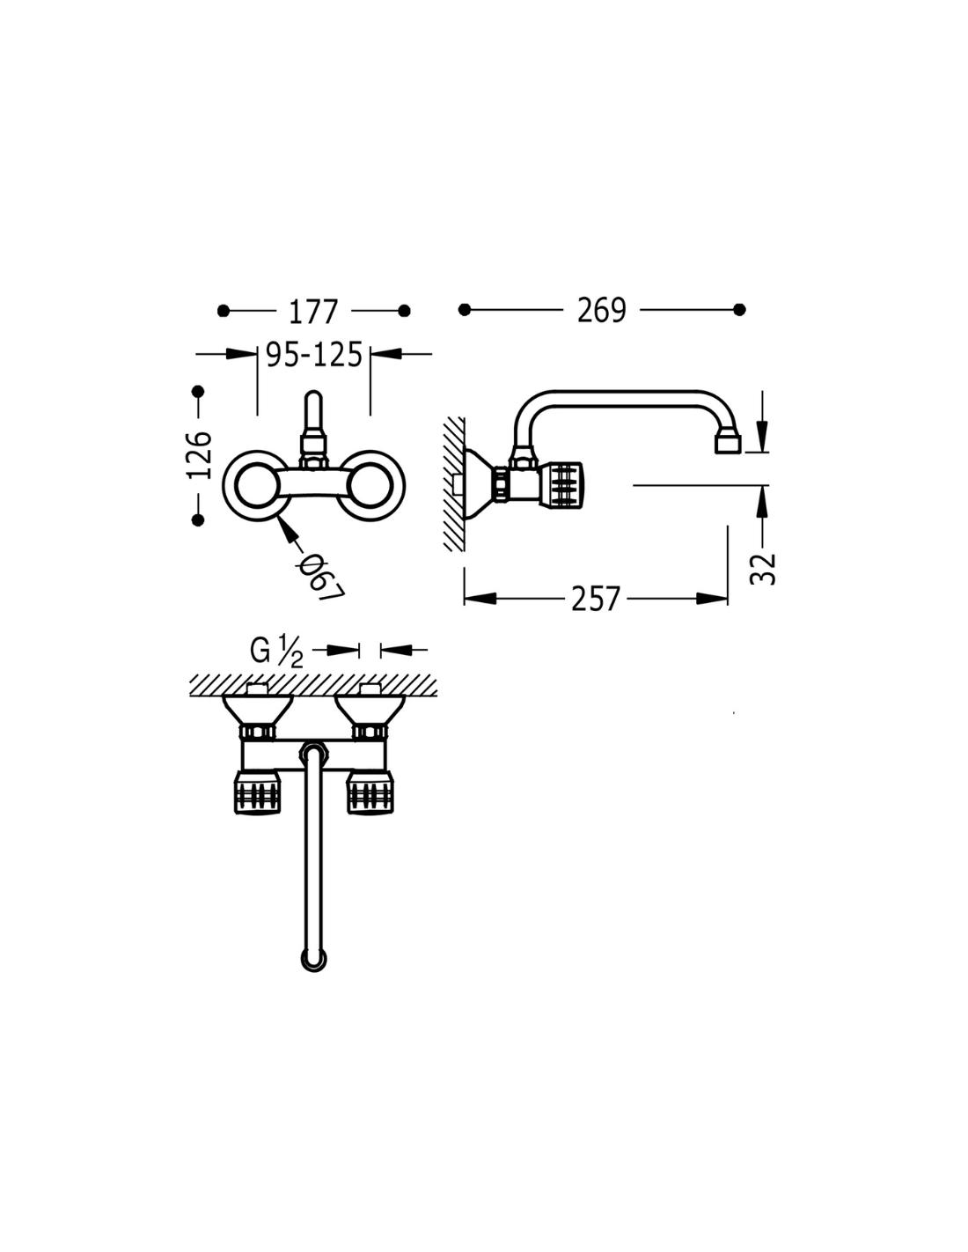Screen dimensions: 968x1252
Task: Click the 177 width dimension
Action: [312, 312]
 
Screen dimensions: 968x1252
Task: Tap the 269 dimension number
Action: [601, 311]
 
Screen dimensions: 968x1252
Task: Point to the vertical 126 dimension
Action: [199, 454]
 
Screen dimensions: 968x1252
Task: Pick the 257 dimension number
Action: [596, 600]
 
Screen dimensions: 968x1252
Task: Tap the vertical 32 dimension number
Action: [764, 569]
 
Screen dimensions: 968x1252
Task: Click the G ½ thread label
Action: [276, 651]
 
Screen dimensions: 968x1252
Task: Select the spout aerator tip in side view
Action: [728, 445]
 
